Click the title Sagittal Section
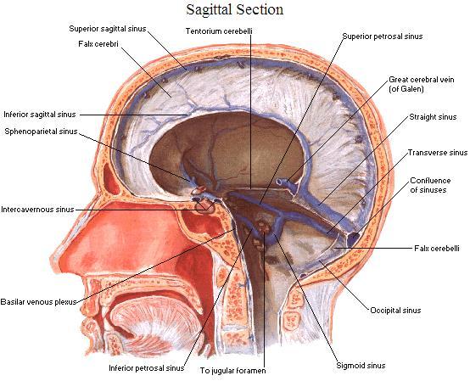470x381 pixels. [x=235, y=9]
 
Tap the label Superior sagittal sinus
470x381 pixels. [x=108, y=29]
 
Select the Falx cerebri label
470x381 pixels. [x=98, y=44]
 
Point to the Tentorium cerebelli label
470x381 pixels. [x=219, y=31]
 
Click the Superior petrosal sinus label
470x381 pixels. [x=383, y=36]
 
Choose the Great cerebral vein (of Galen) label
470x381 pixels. [x=422, y=84]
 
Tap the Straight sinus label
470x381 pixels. [x=433, y=117]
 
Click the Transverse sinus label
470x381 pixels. [x=438, y=153]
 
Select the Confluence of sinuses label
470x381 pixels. [x=430, y=185]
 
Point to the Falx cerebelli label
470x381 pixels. [x=437, y=249]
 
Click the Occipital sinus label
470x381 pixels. [x=395, y=311]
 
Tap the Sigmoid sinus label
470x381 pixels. [x=361, y=366]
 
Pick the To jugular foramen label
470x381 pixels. [x=233, y=371]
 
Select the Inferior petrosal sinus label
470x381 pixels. [x=146, y=367]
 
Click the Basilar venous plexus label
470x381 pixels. [x=39, y=302]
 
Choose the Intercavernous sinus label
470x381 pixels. [x=37, y=210]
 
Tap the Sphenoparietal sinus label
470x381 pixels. [x=41, y=132]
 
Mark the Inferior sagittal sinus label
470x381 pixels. [x=40, y=115]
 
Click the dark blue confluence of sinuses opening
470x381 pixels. [x=353, y=238]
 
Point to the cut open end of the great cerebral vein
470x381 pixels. [x=280, y=182]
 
